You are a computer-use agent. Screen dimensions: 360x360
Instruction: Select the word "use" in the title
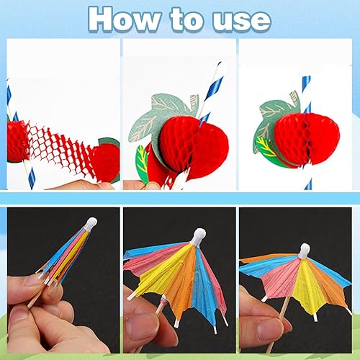[241, 22]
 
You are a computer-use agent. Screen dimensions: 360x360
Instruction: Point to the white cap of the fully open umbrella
[305, 251]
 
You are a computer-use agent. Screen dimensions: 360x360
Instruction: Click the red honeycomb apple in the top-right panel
[307, 139]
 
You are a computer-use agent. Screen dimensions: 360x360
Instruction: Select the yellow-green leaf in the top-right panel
[266, 147]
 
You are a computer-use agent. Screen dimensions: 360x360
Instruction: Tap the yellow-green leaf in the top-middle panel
[142, 160]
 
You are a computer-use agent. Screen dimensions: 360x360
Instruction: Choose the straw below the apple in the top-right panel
[308, 179]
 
